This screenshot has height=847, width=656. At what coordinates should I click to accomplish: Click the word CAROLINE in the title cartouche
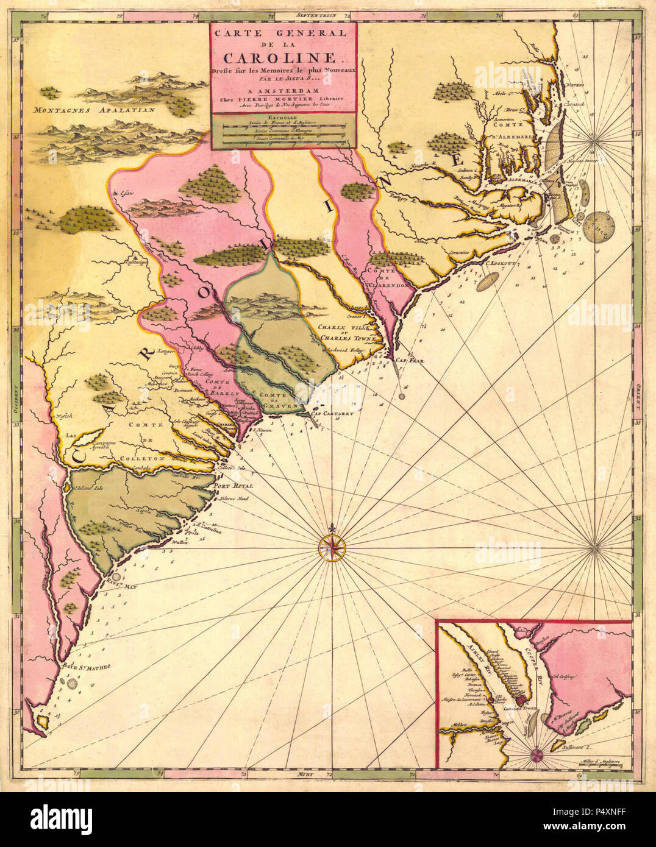point(283,58)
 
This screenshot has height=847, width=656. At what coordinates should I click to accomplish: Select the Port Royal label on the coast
point(232,486)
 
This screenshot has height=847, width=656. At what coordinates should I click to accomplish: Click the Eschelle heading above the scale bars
point(283,117)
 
